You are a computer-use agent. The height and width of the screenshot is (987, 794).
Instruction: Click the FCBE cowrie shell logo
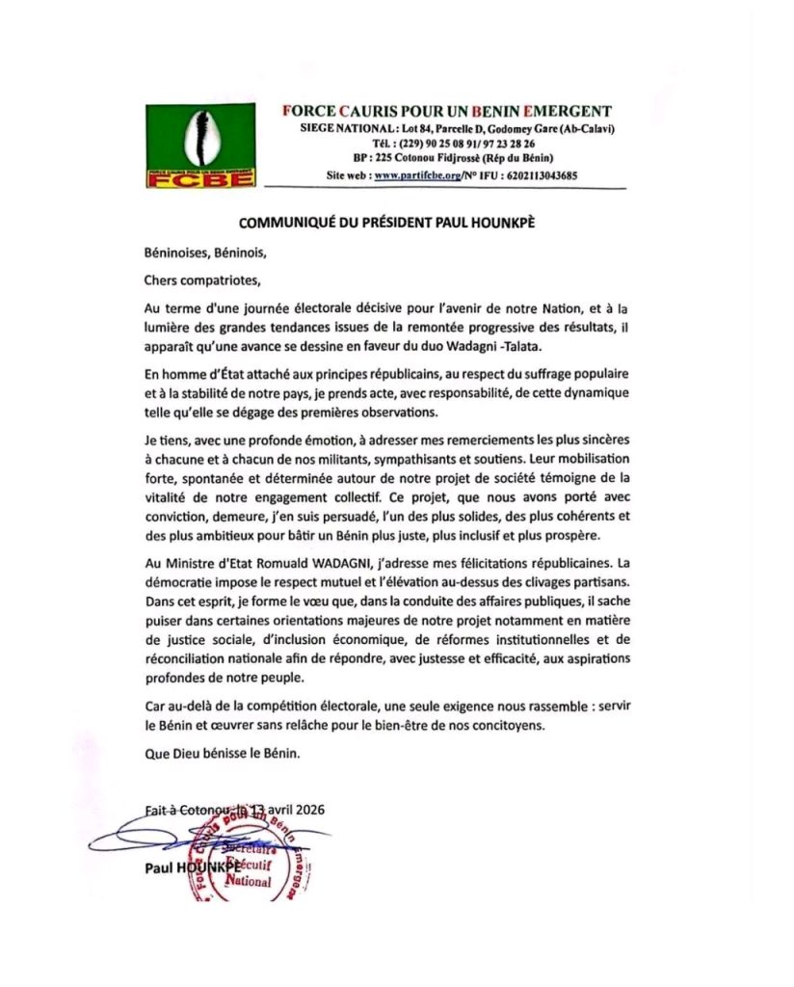(x=200, y=146)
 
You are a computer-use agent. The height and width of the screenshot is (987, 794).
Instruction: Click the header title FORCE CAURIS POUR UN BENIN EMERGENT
(x=447, y=112)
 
